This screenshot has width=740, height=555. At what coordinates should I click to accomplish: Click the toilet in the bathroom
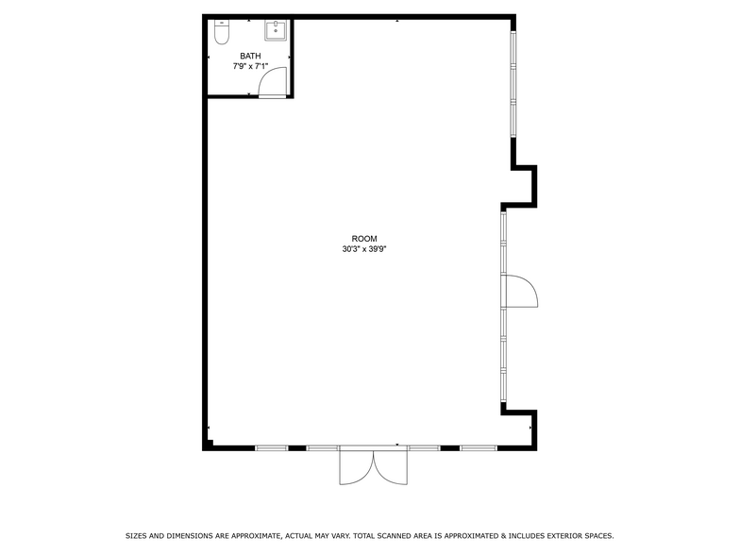[222, 34]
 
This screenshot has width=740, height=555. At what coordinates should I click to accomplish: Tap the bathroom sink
[275, 32]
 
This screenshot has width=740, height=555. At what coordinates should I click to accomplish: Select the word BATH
[250, 57]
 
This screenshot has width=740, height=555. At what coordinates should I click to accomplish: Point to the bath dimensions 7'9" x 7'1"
[250, 67]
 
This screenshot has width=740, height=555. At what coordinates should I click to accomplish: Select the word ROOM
[364, 239]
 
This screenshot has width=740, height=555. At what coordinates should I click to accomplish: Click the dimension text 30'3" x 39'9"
[364, 250]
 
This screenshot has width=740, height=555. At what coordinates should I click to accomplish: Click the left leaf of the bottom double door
[358, 466]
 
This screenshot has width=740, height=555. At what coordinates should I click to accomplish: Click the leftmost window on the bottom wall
[271, 447]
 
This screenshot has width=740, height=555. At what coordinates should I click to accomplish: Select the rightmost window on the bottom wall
[479, 447]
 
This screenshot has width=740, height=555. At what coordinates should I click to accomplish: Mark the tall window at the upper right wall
[513, 85]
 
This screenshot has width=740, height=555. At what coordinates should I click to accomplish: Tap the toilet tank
[222, 23]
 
